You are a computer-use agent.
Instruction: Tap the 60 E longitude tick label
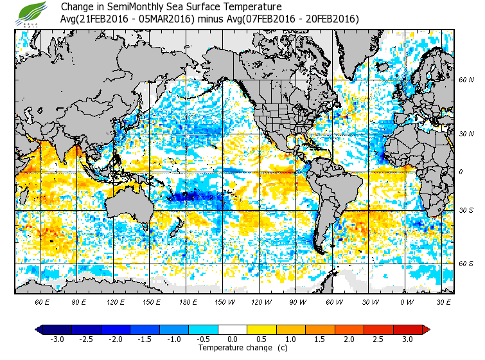[x=42, y=301]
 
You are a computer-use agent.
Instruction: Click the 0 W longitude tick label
[x=406, y=301]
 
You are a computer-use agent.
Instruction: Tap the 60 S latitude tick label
[x=466, y=263]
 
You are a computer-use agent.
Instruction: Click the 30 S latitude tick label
[x=466, y=210]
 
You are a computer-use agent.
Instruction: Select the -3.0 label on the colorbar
[x=57, y=339]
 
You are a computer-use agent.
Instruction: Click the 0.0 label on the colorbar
[x=233, y=339]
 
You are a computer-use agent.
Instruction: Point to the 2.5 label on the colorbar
[x=379, y=339]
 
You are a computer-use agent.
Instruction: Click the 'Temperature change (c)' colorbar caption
[x=233, y=348]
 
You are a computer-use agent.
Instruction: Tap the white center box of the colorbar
[x=233, y=329]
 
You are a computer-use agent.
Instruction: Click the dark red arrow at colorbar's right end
[x=425, y=329]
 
